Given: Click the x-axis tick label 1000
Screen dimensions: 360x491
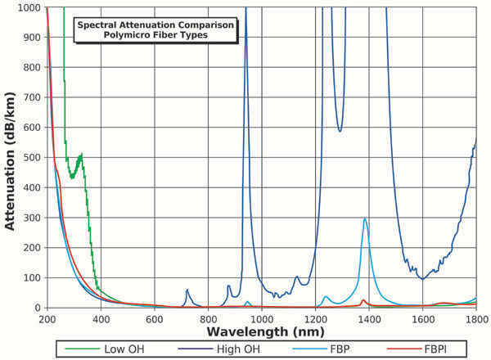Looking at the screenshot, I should (262, 319).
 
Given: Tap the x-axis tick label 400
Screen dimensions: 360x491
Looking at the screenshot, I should (101, 319).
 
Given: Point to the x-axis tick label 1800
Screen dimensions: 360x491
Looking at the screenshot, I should (475, 319).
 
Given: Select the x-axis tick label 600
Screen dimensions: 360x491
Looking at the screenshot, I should (155, 319).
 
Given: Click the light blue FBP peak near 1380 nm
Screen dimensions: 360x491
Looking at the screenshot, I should (365, 219).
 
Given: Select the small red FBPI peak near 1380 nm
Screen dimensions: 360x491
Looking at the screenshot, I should (363, 300).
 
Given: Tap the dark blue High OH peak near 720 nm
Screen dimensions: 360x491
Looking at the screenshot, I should (187, 290).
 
